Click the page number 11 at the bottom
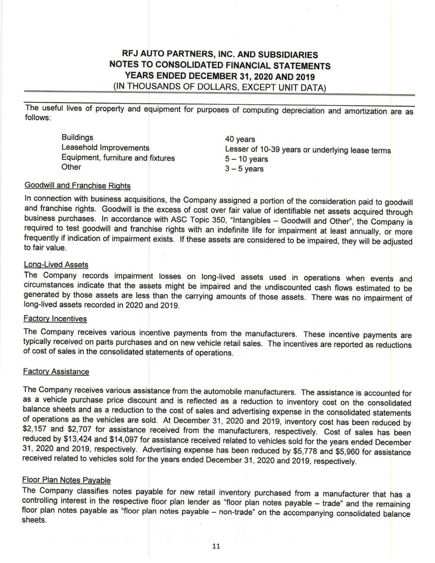tap(216, 547)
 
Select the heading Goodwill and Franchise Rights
tap(78, 186)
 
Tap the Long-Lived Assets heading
tap(56, 264)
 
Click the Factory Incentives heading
tap(55, 319)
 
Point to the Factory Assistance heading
tap(56, 372)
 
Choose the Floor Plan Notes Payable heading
tap(66, 480)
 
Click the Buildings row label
tap(77, 137)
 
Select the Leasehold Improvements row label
tap(105, 148)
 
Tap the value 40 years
tap(240, 139)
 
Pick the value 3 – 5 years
tap(244, 169)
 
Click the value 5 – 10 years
tap(246, 159)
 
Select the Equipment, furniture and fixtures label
tap(118, 158)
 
